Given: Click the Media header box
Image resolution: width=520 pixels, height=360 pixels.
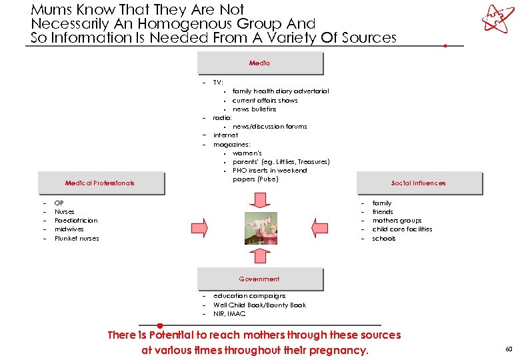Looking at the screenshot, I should (x=260, y=63).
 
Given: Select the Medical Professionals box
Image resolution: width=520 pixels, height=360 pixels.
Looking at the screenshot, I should (x=100, y=183).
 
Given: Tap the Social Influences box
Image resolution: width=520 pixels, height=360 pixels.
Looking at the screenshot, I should (x=419, y=183).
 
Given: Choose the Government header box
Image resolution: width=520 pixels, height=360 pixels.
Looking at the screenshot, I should (x=260, y=279).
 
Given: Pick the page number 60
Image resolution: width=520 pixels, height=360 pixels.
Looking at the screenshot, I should (x=509, y=349).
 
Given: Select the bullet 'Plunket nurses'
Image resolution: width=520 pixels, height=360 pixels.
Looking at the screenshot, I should (x=77, y=238).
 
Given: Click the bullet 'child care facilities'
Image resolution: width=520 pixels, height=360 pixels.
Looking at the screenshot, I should (x=402, y=229).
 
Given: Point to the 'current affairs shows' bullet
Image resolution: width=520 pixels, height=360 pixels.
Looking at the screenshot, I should (x=265, y=100).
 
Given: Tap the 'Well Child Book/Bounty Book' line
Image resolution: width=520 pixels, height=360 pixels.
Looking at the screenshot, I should (x=259, y=305).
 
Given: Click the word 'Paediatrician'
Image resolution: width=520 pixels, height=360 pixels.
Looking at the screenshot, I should (x=76, y=221).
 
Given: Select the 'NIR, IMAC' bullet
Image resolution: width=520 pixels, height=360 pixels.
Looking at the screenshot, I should (x=229, y=313).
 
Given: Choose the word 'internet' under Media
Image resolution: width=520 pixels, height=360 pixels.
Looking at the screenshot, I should (x=225, y=135).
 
